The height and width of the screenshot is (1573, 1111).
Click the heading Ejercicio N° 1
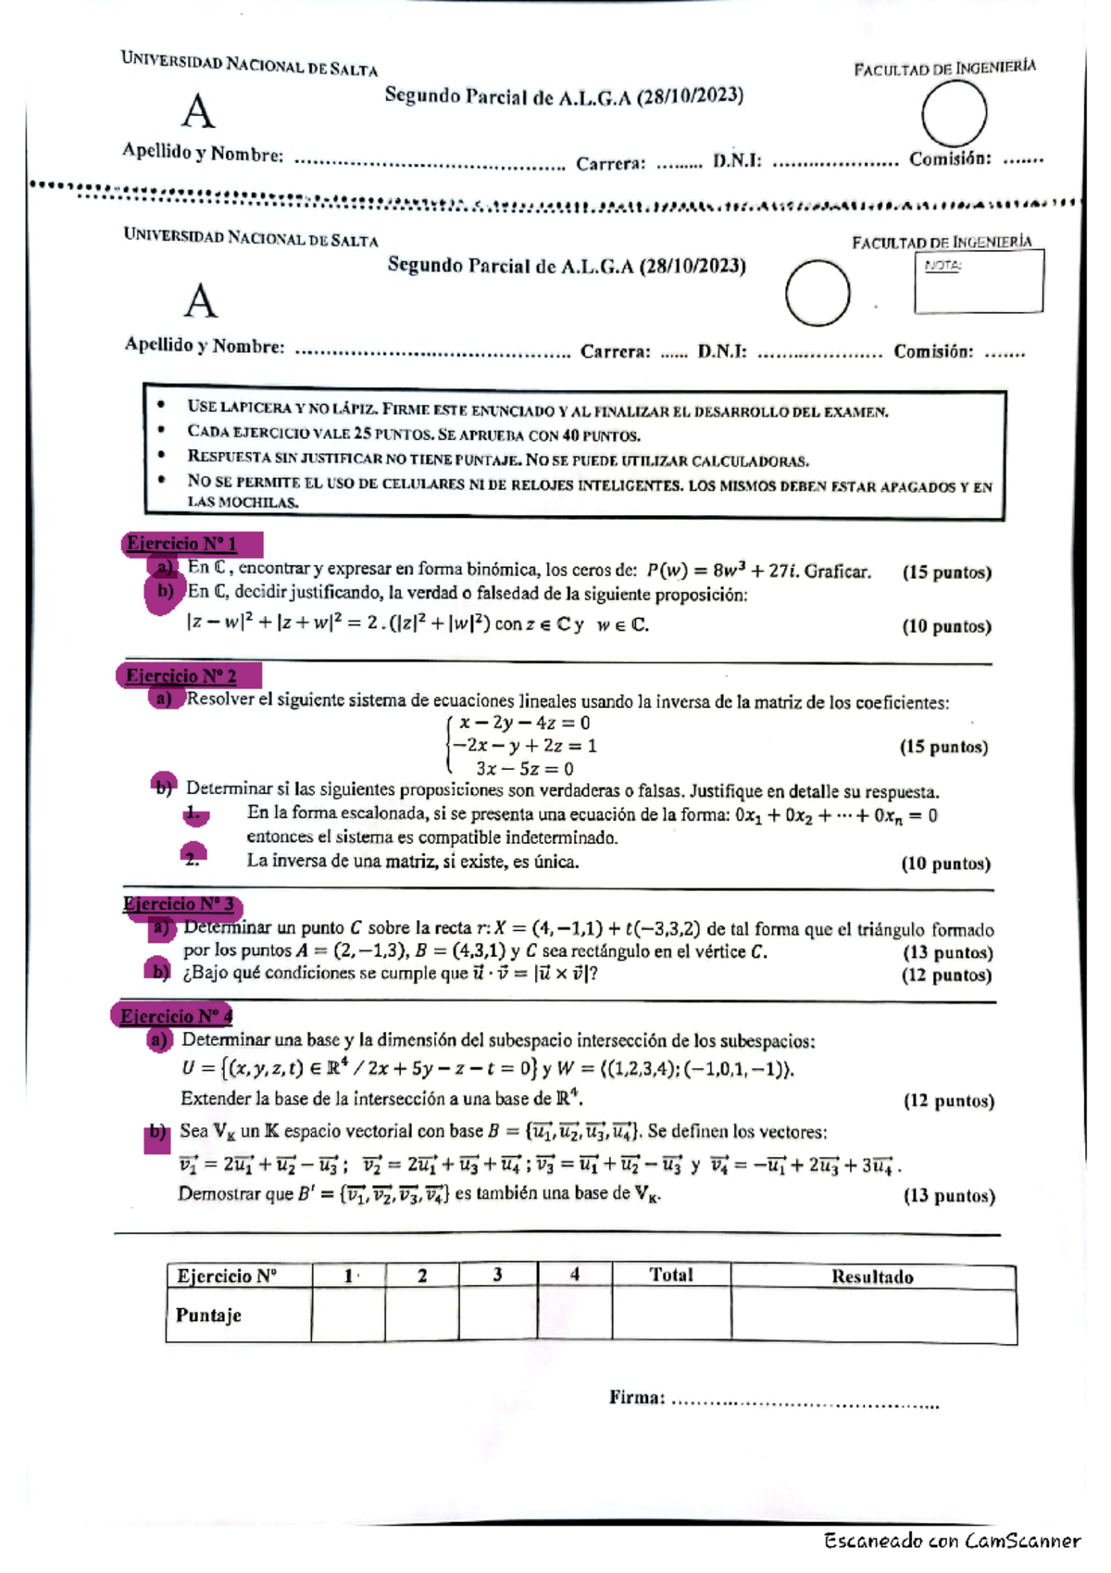[182, 544]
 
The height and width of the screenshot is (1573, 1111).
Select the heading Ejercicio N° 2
[181, 675]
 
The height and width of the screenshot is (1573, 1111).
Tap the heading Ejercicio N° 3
[179, 904]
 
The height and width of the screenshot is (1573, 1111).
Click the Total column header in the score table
[670, 1275]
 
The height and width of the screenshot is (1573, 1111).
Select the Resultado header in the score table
[872, 1277]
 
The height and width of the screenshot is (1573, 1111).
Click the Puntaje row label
[208, 1315]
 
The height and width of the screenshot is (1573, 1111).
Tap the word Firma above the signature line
[636, 1397]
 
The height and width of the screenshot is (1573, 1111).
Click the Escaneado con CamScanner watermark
[952, 1542]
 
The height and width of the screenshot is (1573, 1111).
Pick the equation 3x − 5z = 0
[524, 769]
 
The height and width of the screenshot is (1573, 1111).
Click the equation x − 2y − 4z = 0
[524, 723]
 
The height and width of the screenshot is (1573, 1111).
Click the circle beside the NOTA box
[818, 293]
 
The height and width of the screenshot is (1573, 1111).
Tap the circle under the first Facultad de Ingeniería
[954, 113]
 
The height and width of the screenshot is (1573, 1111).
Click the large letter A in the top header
[198, 112]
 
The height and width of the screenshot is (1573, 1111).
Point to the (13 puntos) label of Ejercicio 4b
[948, 1195]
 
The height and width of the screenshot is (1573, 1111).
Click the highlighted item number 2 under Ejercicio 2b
[193, 859]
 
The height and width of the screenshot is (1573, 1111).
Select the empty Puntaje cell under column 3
[497, 1315]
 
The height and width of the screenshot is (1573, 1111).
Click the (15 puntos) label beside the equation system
[942, 747]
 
